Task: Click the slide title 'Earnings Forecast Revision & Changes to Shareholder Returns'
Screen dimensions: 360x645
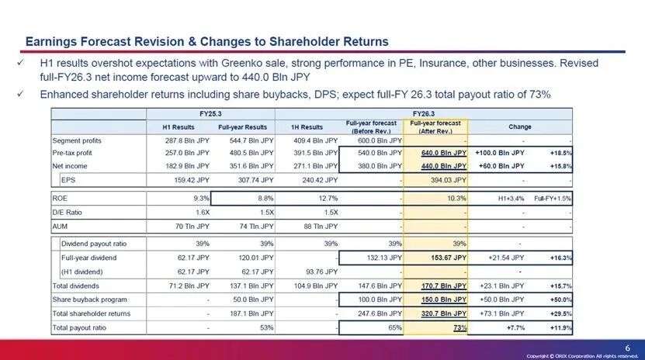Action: [206, 40]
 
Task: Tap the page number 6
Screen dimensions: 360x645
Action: [628, 345]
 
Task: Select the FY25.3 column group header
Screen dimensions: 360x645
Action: [210, 113]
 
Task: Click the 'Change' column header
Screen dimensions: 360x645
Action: [519, 126]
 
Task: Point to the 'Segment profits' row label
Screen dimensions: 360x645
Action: [77, 140]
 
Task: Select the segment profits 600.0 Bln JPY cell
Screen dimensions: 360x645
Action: [380, 140]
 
